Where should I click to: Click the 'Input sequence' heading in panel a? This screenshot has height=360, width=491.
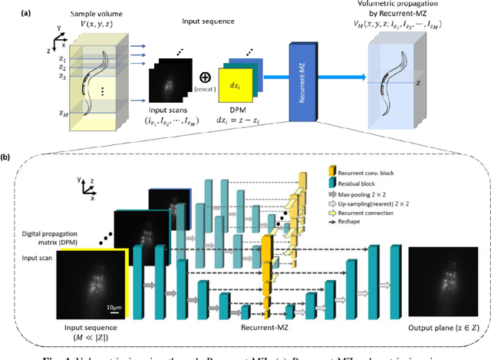[x=196, y=24]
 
